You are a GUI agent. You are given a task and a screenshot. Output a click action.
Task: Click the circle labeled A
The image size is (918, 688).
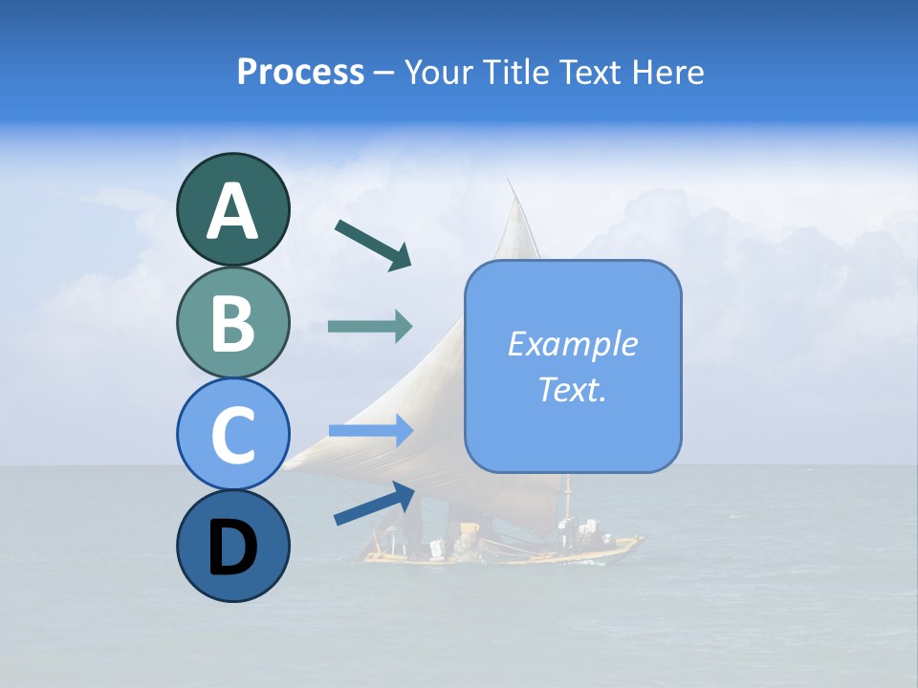point(232,209)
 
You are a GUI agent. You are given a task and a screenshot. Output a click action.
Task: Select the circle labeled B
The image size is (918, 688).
point(232,322)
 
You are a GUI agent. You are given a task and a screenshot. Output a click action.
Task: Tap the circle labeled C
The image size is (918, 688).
point(232,434)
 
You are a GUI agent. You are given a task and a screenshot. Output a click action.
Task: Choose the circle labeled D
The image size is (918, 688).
point(232,546)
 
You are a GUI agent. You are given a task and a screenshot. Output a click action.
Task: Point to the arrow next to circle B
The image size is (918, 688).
point(370,327)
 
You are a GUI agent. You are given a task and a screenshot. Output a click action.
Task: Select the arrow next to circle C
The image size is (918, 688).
point(370,432)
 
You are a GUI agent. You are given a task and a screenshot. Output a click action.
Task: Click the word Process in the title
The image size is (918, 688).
point(300,73)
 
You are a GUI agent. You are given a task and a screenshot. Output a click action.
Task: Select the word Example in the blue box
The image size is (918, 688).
point(573,344)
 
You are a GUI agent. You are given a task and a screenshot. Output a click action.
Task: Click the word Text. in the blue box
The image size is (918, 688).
point(573,389)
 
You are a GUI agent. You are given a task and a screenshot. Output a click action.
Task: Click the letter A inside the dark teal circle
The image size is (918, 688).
point(232,211)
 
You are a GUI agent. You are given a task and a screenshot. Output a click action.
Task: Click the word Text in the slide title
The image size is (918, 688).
point(585,73)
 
